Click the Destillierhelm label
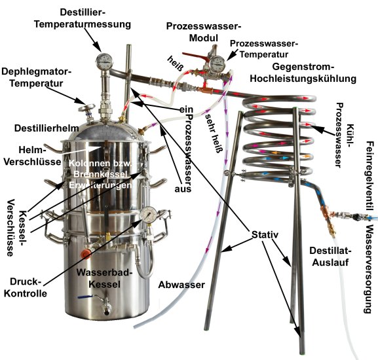[47, 128]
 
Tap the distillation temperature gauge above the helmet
[104, 62]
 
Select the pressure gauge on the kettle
[148, 215]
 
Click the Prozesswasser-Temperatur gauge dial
[217, 63]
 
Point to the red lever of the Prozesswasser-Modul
[195, 56]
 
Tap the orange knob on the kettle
[86, 253]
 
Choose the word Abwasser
[181, 285]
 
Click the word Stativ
[265, 234]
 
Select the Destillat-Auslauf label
[330, 256]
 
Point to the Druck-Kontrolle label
[26, 287]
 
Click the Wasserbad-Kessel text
[104, 278]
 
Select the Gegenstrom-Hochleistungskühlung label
[303, 73]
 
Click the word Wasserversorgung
[369, 269]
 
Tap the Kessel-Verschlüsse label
[16, 228]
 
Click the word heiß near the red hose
[175, 63]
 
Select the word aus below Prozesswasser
[183, 189]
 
